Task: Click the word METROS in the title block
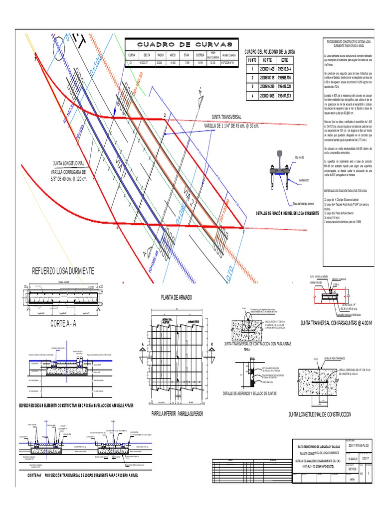tap(352, 469)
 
